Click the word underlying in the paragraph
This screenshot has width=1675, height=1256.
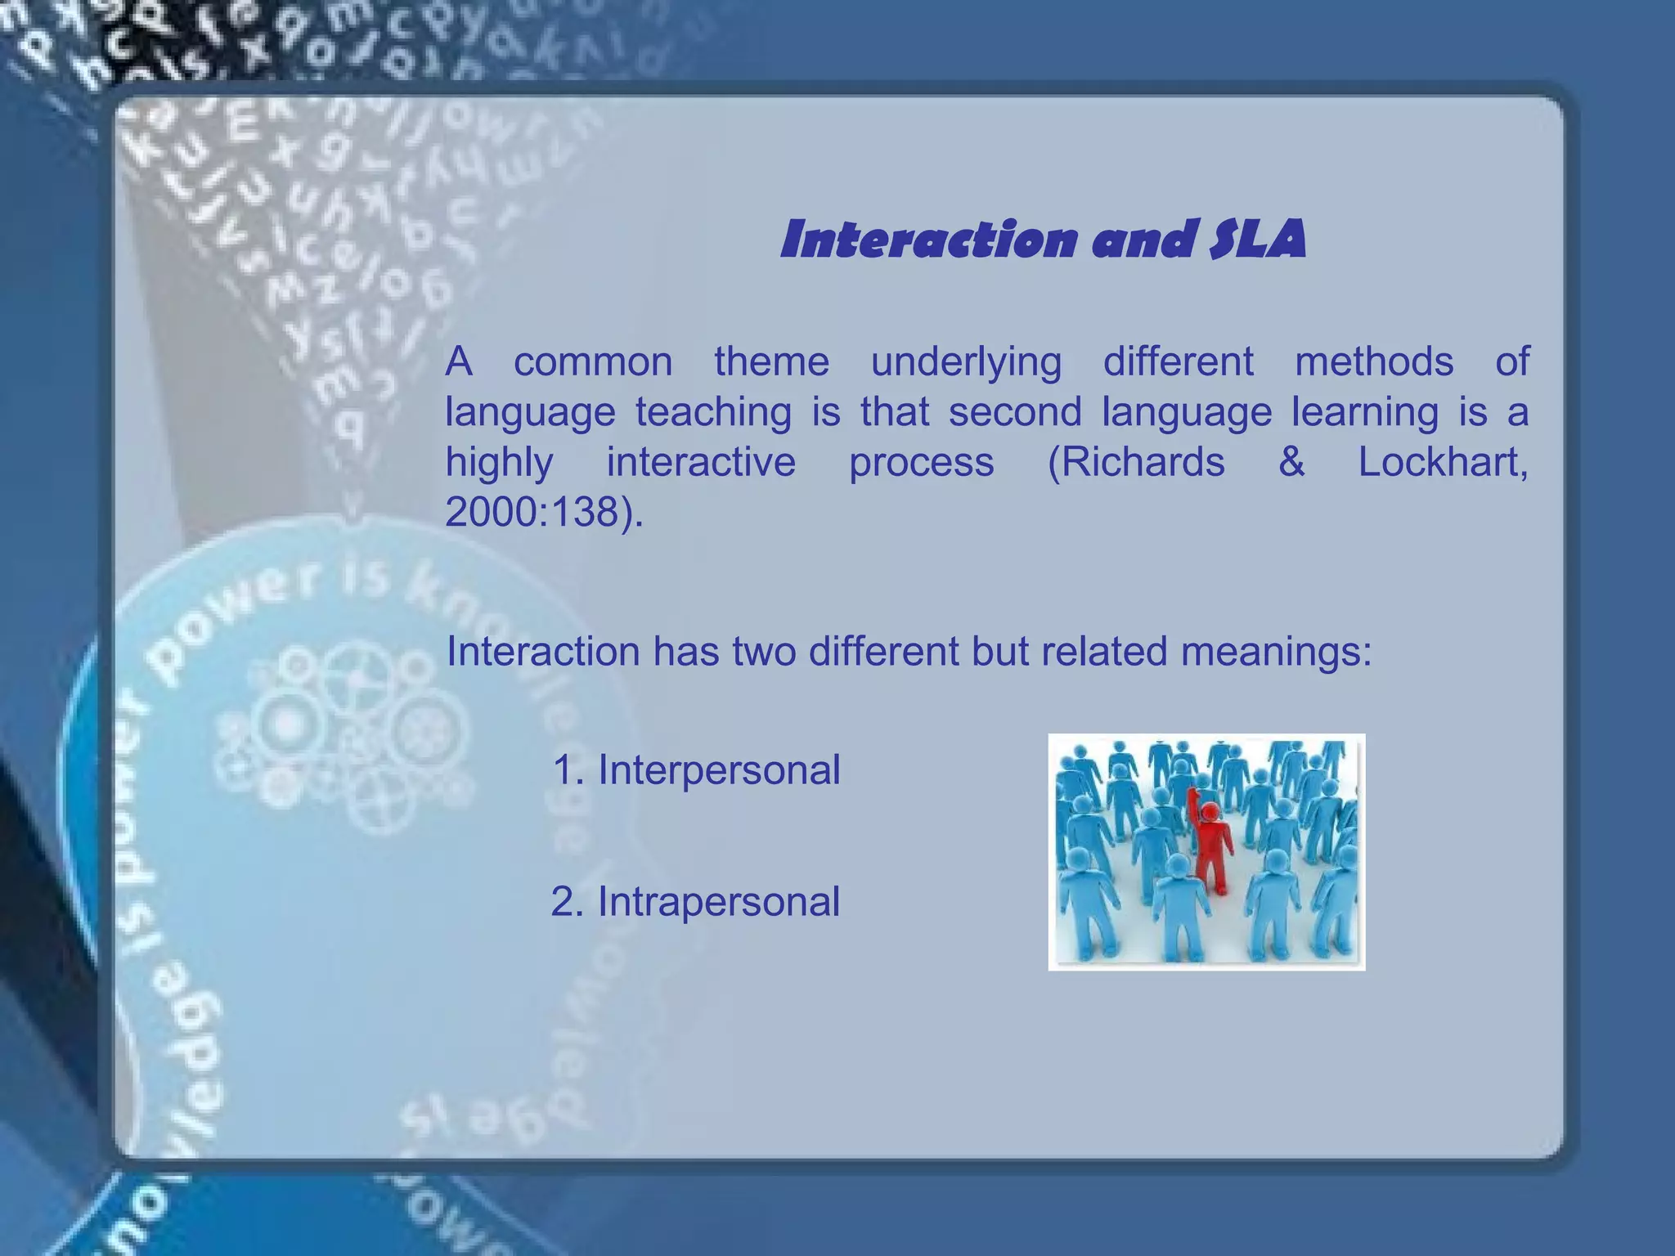[x=966, y=362]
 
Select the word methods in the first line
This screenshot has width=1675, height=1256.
[x=1374, y=361]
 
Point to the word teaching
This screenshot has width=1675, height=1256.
[x=713, y=412]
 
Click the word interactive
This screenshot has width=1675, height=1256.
[x=701, y=462]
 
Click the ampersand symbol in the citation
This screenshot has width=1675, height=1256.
[x=1291, y=462]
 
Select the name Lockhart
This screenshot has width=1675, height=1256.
[x=1442, y=462]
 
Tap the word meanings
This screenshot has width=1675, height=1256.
[x=1276, y=653]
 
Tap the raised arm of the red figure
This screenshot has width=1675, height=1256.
[x=1194, y=805]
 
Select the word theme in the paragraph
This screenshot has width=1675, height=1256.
[x=771, y=361]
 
